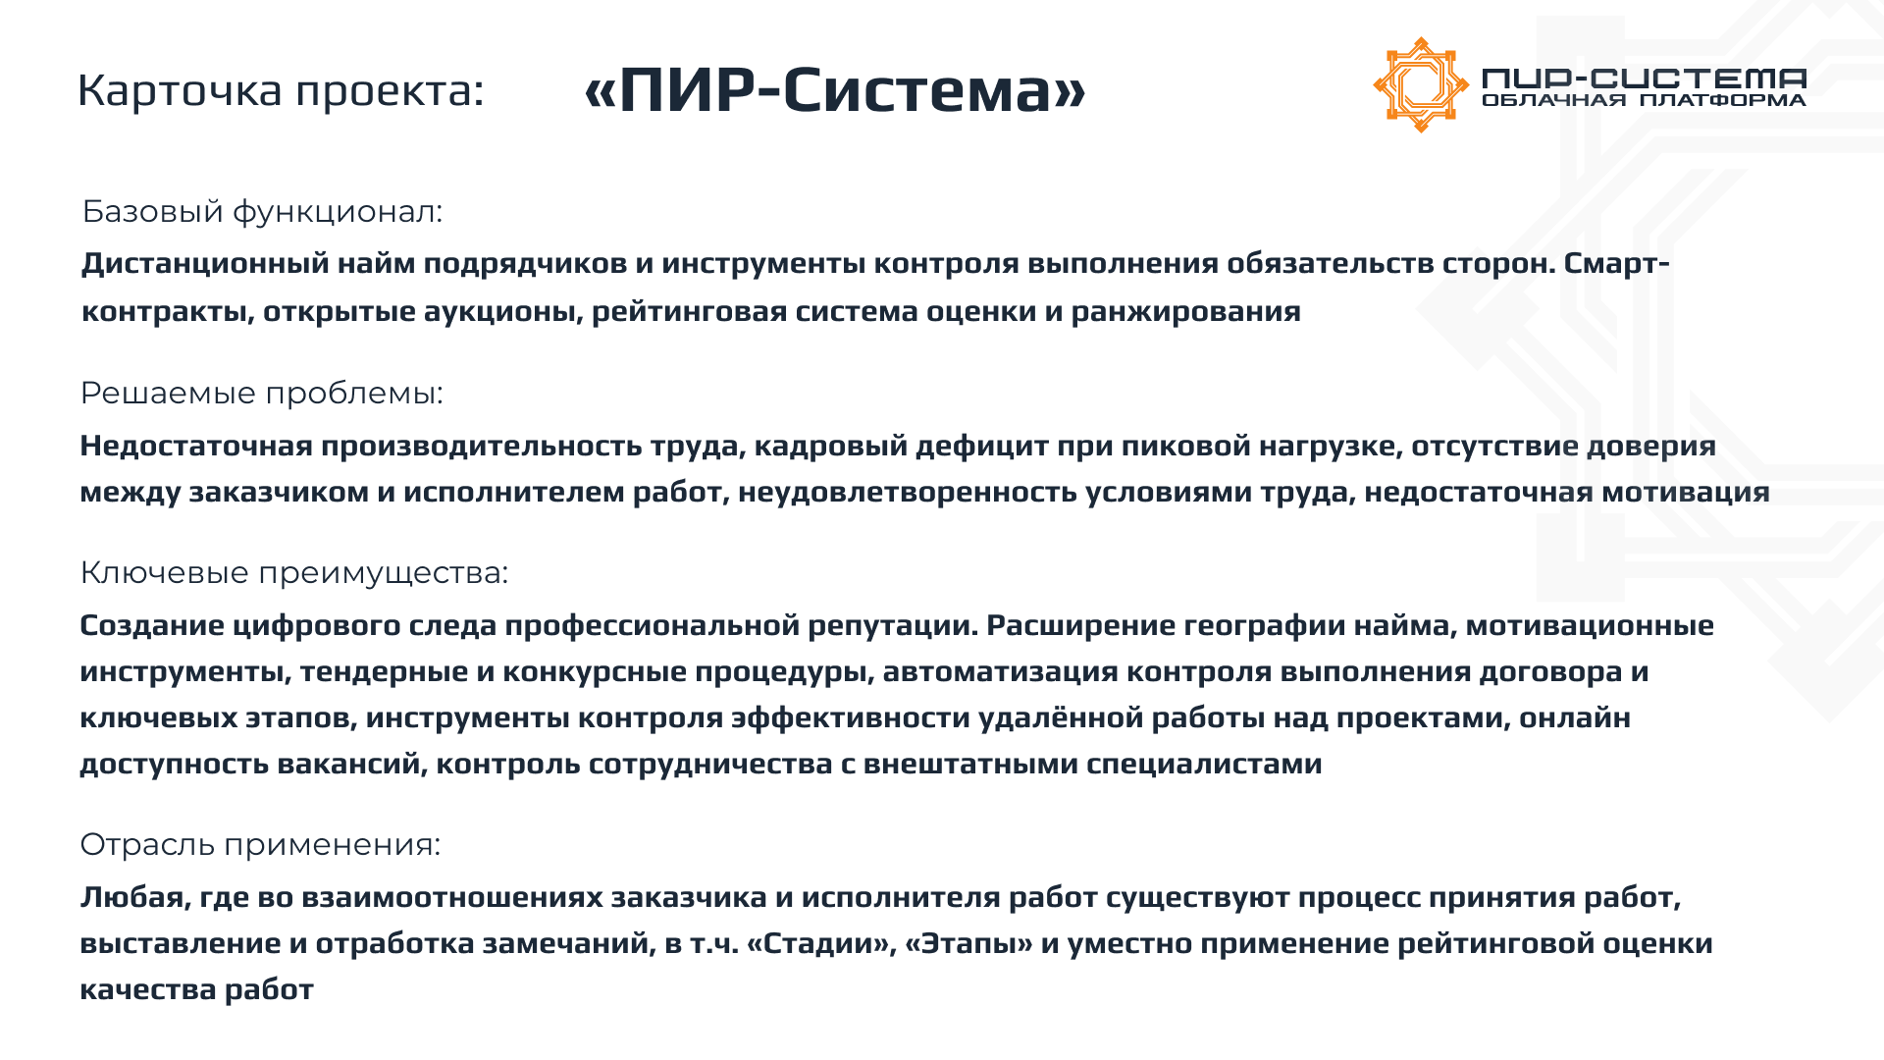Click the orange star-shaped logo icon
pyautogui.click(x=1420, y=84)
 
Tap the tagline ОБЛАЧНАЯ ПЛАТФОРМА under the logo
pyautogui.click(x=1644, y=100)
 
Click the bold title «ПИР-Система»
pyautogui.click(x=835, y=89)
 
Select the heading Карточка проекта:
pyautogui.click(x=281, y=90)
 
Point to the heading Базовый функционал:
pyautogui.click(x=262, y=212)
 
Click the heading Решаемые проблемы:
pyautogui.click(x=261, y=394)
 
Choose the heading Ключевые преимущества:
pyautogui.click(x=294, y=573)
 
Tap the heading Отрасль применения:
pyautogui.click(x=260, y=845)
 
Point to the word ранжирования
pyautogui.click(x=1185, y=312)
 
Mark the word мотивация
pyautogui.click(x=1685, y=492)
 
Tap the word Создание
pyautogui.click(x=152, y=625)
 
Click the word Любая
pyautogui.click(x=135, y=898)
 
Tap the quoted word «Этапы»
pyautogui.click(x=969, y=944)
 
